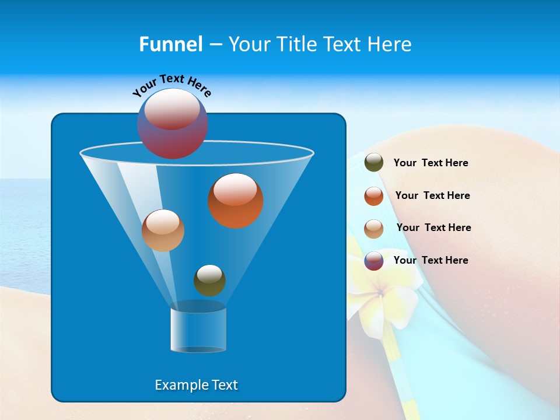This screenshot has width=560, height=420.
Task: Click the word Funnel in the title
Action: coord(170,44)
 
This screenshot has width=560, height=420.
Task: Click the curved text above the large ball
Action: coord(172,85)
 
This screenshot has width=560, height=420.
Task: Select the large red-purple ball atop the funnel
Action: coord(172,124)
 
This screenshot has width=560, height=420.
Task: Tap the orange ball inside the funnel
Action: coord(235,201)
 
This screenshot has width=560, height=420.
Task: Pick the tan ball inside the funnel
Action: coord(163,230)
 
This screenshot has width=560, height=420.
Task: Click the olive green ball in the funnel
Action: coord(209,280)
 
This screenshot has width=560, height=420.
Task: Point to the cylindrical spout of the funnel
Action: coord(198,330)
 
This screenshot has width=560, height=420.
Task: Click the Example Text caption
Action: coord(196,385)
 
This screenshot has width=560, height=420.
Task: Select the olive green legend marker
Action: coord(373,163)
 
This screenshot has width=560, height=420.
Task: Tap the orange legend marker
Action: coord(373,196)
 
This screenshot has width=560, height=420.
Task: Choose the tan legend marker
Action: coord(373,228)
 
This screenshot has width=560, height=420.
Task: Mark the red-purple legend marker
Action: coord(373,261)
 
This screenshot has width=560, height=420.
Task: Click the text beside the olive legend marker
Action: coord(430,163)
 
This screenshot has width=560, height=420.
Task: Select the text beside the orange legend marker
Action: coord(432,196)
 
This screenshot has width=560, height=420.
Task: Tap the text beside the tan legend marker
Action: coord(433,228)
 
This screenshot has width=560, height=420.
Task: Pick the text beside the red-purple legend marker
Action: coord(430,261)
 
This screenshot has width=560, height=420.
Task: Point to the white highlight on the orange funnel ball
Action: coord(235,190)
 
